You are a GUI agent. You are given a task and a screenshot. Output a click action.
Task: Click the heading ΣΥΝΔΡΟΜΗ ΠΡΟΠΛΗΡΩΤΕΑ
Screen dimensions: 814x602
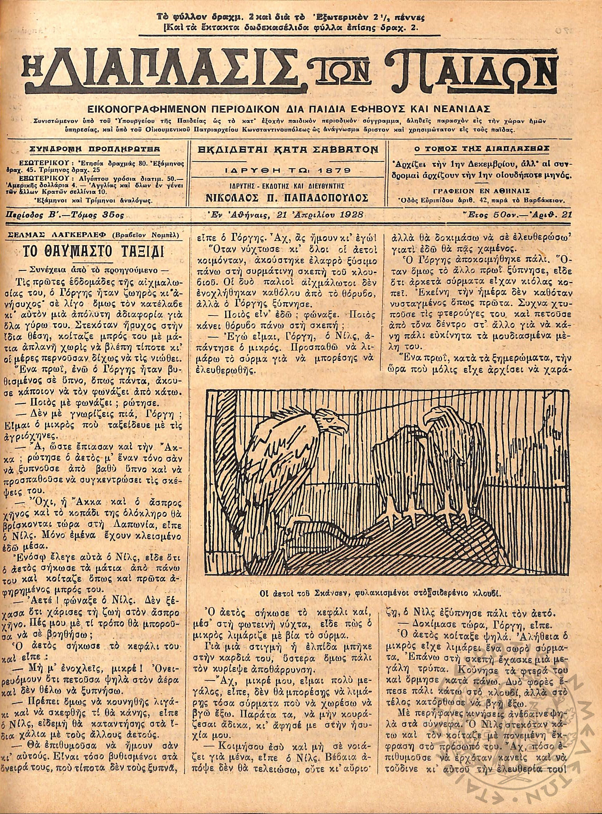[96, 149]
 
